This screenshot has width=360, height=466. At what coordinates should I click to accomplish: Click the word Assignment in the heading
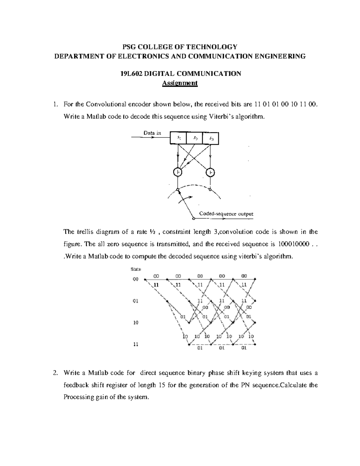tap(180, 83)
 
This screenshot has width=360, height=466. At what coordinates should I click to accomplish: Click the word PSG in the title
tap(129, 47)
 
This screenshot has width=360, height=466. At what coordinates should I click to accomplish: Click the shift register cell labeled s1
tap(178, 138)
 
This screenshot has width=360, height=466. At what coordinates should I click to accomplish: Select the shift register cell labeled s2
tap(194, 138)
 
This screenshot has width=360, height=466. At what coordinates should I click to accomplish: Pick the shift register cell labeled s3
tap(211, 138)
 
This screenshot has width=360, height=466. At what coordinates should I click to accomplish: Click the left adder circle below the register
tap(178, 172)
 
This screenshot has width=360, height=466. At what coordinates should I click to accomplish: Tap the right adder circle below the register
tap(211, 172)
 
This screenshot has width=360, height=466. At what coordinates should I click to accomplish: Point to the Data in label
tap(152, 133)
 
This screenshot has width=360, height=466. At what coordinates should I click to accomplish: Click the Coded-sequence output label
tap(226, 214)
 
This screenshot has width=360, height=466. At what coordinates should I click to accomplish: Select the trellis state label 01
tap(136, 301)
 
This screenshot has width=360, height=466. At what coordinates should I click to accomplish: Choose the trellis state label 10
tap(136, 323)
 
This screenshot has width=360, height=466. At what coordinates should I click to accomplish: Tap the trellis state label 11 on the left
tap(136, 344)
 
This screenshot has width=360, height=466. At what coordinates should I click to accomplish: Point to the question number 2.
tap(55, 373)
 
